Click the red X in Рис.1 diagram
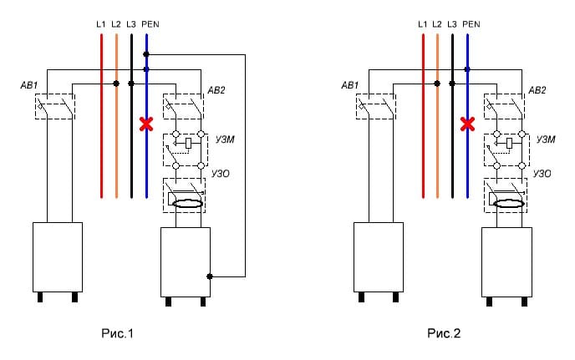pos(146,124)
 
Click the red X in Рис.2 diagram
pos(467,124)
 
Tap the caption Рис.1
pos(117,333)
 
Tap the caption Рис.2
pos(444,333)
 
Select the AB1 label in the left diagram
pos(29,85)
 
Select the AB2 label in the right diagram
pos(537,90)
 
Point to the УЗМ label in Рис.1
pos(225,139)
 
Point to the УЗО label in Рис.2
pos(542,174)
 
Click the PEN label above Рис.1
pos(150,24)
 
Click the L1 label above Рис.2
pos(422,24)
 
